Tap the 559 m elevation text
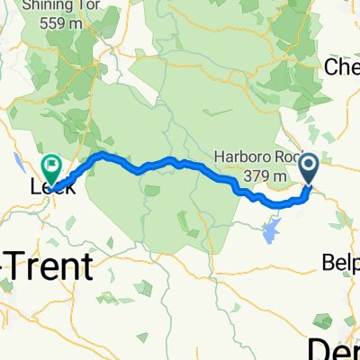click(58, 23)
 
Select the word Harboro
click(241, 158)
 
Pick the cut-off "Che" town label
click(342, 68)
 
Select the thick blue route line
click(180, 164)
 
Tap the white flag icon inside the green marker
click(51, 165)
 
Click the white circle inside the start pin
click(308, 164)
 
